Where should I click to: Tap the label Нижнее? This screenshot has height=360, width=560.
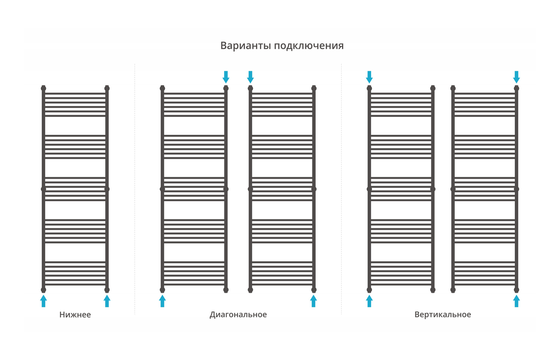75,314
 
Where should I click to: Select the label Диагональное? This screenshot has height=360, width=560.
238,315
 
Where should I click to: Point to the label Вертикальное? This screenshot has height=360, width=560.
443,315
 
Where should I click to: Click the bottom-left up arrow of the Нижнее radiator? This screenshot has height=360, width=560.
44,301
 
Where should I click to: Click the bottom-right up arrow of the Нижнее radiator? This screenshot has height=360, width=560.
107,301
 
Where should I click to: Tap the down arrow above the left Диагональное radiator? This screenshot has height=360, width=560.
226,77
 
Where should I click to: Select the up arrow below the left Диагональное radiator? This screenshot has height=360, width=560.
162,301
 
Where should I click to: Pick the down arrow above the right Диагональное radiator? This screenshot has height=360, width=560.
250,77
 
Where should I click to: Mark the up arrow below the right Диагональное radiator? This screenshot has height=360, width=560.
314,301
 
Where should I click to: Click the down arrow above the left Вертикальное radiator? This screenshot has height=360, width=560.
370,77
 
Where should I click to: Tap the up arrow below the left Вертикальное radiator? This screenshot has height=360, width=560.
370,301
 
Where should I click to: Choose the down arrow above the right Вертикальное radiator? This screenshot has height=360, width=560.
516,77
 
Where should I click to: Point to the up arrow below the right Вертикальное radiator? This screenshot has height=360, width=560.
516,301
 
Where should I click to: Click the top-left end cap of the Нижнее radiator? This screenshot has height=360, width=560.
44,88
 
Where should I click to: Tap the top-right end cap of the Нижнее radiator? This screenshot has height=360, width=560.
107,88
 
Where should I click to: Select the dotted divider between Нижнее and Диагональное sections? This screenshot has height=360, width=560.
135,189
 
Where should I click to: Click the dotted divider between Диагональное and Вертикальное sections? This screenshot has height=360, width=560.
342,189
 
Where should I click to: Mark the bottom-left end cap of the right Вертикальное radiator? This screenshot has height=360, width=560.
453,290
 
